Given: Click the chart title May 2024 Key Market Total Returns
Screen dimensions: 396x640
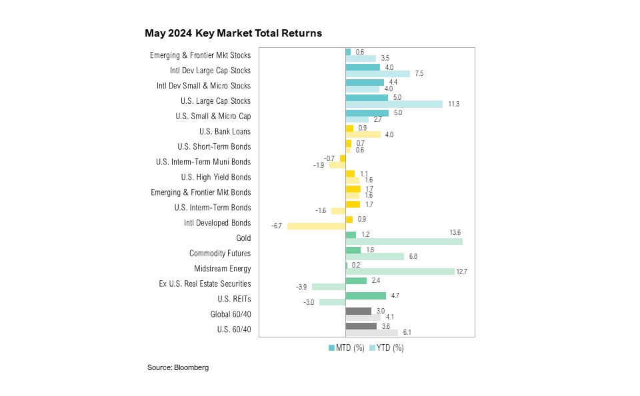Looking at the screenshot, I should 233,33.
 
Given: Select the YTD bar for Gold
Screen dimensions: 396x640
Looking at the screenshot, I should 404,242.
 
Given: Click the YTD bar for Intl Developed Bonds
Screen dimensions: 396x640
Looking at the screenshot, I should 316,226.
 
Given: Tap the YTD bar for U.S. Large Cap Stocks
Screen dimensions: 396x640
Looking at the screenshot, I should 394,104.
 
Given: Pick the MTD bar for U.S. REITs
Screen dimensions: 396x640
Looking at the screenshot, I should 365,296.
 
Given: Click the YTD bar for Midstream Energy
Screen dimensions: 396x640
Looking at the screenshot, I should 400,272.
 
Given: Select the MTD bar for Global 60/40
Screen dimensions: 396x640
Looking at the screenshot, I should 358,311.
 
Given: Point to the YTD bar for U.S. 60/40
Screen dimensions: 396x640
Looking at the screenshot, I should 371,333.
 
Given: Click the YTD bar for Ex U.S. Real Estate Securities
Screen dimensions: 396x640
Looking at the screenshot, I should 329,287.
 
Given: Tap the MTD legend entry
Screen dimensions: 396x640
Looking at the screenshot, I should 346,348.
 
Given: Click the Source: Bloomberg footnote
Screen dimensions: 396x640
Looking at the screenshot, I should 178,367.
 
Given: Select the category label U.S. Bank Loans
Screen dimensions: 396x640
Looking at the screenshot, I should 220,131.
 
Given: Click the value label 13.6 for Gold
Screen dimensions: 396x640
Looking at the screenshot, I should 455,232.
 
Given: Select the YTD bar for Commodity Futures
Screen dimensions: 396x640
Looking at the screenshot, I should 375,257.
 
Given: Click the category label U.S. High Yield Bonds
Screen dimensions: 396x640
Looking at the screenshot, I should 216,177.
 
